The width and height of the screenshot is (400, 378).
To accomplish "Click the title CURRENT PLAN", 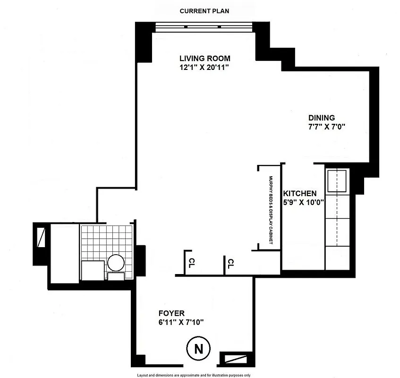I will (204, 11).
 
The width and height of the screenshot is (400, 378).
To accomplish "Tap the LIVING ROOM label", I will (204, 59).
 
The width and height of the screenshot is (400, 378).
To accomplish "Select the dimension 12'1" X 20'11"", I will (204, 68).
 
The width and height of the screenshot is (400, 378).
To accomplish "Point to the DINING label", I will (322, 118).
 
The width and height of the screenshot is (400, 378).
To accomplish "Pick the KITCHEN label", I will (299, 194).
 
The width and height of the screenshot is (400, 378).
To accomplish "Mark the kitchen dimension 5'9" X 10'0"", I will (302, 203).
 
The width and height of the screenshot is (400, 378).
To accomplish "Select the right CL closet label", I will (231, 263).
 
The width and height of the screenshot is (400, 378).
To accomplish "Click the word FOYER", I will (171, 313).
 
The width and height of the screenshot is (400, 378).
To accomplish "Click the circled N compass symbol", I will (199, 349).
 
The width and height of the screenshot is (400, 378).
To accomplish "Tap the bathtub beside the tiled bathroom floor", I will (64, 253).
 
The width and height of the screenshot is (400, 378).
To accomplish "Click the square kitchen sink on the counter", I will (337, 181).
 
